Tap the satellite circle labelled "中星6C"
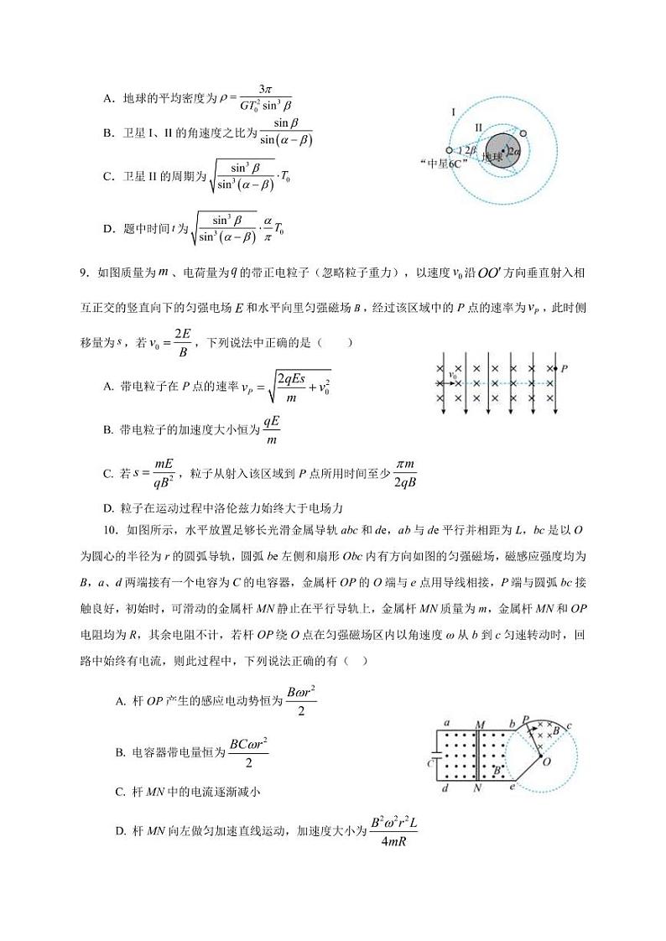450,152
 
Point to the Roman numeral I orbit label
453,112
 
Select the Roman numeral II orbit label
477,127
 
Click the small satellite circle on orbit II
523,133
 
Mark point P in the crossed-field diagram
564,367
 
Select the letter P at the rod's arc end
525,720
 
